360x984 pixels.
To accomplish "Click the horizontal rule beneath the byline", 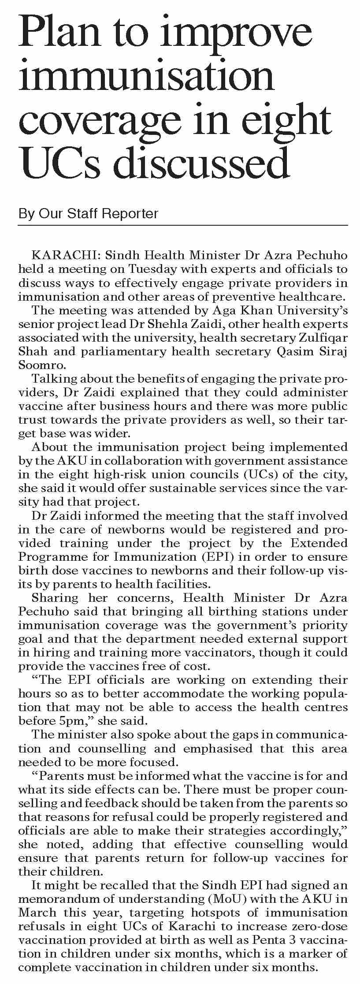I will coord(183,225).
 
